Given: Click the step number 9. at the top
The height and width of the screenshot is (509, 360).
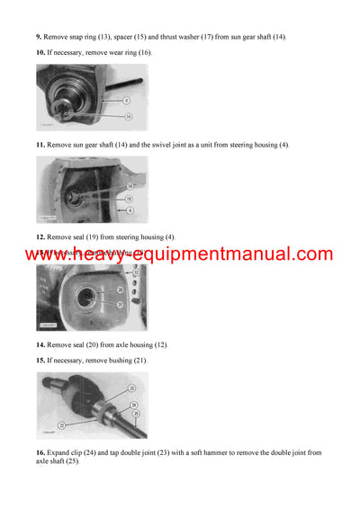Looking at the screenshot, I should coord(39,36).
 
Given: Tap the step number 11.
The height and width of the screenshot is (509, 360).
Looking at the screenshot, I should coord(40,144).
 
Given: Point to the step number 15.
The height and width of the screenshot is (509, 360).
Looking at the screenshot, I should coord(40,362).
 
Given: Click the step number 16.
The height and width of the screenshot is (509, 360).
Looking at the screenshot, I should coord(40,453).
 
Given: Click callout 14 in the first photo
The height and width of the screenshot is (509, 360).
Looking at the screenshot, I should coord(128,116).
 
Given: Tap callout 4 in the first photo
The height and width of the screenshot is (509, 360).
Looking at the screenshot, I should coord(128,100).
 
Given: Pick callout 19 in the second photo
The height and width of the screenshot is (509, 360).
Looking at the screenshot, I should coord(129,198).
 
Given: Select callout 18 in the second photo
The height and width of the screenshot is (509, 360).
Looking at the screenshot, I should coord(129,186).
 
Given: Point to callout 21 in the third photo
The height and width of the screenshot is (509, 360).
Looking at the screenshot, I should coord(120,305).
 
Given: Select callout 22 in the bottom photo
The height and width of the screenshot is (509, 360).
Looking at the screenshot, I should coord(62,424).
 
